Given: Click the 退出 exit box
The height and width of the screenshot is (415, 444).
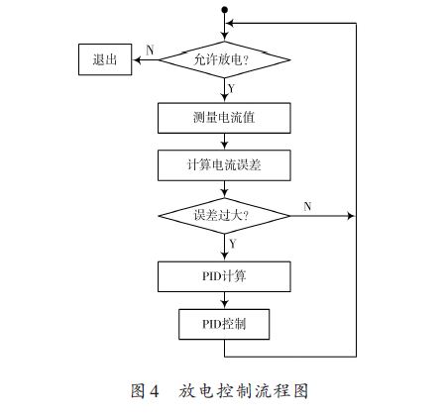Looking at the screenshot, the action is click(105, 59).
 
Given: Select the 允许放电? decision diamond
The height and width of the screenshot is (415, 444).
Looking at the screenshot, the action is click(225, 59).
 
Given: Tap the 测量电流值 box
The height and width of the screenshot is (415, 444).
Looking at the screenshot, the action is click(224, 118).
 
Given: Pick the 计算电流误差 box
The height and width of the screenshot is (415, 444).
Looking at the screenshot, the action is click(224, 165).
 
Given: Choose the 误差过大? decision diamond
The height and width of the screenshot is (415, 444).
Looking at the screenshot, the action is click(225, 216).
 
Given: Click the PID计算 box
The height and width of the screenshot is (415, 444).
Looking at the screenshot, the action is click(224, 276).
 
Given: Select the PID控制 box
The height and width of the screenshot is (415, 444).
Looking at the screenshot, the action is click(224, 324).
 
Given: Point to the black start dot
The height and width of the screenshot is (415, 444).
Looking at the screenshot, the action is click(225, 10).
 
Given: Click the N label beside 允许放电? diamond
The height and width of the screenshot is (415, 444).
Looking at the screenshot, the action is click(150, 51).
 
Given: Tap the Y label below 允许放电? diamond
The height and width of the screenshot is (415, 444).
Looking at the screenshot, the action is click(231, 88).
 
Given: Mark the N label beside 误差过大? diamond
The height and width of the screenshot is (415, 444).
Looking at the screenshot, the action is click(307, 206).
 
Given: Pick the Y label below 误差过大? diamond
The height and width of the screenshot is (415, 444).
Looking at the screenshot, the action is click(233, 244).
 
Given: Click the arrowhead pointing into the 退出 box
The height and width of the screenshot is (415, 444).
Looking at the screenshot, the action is click(136, 59).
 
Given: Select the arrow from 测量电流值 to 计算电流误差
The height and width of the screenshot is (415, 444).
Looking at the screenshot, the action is click(225, 142).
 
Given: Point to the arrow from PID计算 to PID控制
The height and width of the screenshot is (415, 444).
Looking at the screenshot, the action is click(225, 300).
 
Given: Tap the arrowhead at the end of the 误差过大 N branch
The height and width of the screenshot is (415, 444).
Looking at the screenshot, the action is click(351, 216).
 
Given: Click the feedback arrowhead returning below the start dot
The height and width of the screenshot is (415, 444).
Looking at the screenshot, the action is click(229, 23).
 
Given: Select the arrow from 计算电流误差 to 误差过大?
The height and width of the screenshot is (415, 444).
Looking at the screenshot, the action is click(225, 189).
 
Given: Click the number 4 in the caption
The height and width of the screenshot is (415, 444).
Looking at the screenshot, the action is click(155, 391).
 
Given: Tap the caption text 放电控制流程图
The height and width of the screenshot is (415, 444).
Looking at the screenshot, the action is click(244, 391).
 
